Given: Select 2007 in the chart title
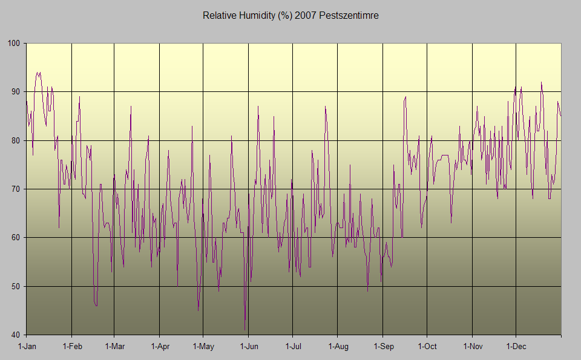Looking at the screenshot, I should pyautogui.click(x=306, y=16).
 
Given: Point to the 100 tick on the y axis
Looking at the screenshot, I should pyautogui.click(x=14, y=44).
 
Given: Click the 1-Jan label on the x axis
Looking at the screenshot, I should pyautogui.click(x=27, y=347).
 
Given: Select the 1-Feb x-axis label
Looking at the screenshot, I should pyautogui.click(x=71, y=347).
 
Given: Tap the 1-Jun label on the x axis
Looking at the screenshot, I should pyautogui.click(x=249, y=347).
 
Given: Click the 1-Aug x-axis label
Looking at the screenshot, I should pyautogui.click(x=338, y=347).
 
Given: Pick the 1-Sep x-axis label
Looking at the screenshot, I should pyautogui.click(x=383, y=347).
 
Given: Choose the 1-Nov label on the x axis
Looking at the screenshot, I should pyautogui.click(x=473, y=347).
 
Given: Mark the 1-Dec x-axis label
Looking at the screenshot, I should pyautogui.click(x=516, y=347).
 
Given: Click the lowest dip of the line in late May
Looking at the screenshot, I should pyautogui.click(x=245, y=330).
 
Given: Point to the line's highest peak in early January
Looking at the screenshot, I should pyautogui.click(x=38, y=73).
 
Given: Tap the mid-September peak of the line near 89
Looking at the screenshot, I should pyautogui.click(x=405, y=97).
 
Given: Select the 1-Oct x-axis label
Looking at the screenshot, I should pyautogui.click(x=427, y=347).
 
